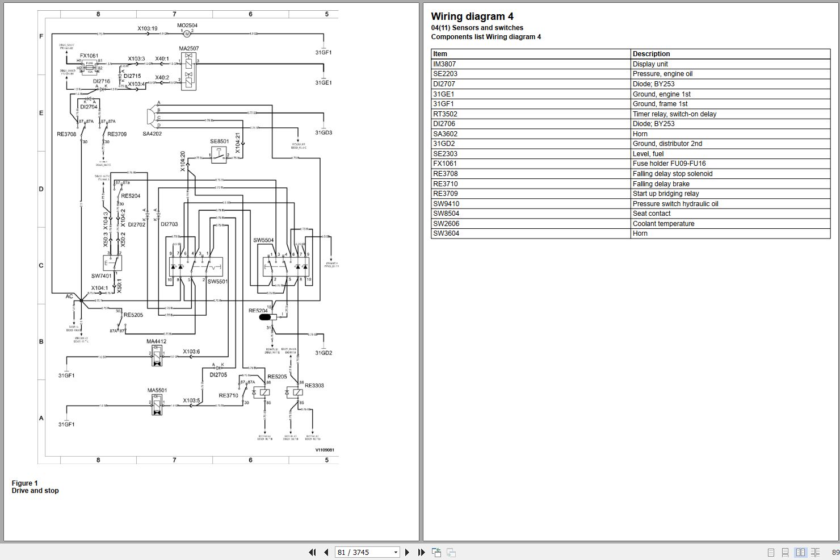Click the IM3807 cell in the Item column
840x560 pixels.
[444, 64]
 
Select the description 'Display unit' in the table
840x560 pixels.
[650, 64]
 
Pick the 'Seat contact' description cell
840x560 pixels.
[652, 214]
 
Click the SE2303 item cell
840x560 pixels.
[445, 154]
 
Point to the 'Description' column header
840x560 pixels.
[651, 54]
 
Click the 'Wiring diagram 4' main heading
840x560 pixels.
[472, 16]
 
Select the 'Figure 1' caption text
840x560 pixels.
[25, 483]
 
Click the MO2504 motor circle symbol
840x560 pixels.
[187, 34]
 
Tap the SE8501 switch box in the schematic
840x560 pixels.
[219, 154]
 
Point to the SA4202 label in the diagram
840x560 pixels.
[152, 134]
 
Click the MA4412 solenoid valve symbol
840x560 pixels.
[157, 356]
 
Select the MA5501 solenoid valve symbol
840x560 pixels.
[157, 405]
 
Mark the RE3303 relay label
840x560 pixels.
[314, 386]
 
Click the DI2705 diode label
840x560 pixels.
[218, 375]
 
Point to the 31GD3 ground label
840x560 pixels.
[324, 133]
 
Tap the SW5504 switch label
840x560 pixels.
[263, 240]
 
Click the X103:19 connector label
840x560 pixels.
[148, 28]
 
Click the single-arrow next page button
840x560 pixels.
[407, 552]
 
